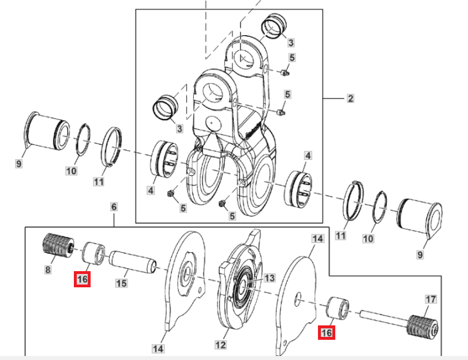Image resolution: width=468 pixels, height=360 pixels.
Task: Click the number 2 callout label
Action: click(350, 99)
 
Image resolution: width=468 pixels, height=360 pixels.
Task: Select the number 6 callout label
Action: click(114, 207)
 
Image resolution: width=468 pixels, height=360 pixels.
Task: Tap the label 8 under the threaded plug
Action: click(48, 269)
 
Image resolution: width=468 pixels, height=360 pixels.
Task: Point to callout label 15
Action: click(121, 283)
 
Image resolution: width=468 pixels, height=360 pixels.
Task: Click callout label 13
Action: click(269, 278)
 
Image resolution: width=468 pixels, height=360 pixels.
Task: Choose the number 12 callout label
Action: click(220, 344)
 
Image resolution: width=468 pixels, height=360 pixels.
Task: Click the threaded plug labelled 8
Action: click(57, 246)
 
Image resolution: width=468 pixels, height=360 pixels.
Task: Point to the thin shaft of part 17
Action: click(381, 317)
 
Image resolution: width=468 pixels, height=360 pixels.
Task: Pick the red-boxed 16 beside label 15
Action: click(81, 280)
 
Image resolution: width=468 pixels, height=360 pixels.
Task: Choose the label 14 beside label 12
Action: click(158, 348)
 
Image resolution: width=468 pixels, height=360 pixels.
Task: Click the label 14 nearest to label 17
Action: click(317, 238)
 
